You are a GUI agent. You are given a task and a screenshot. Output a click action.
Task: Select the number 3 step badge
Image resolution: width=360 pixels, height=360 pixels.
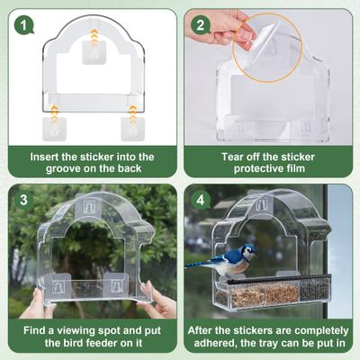click(x=22, y=199)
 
